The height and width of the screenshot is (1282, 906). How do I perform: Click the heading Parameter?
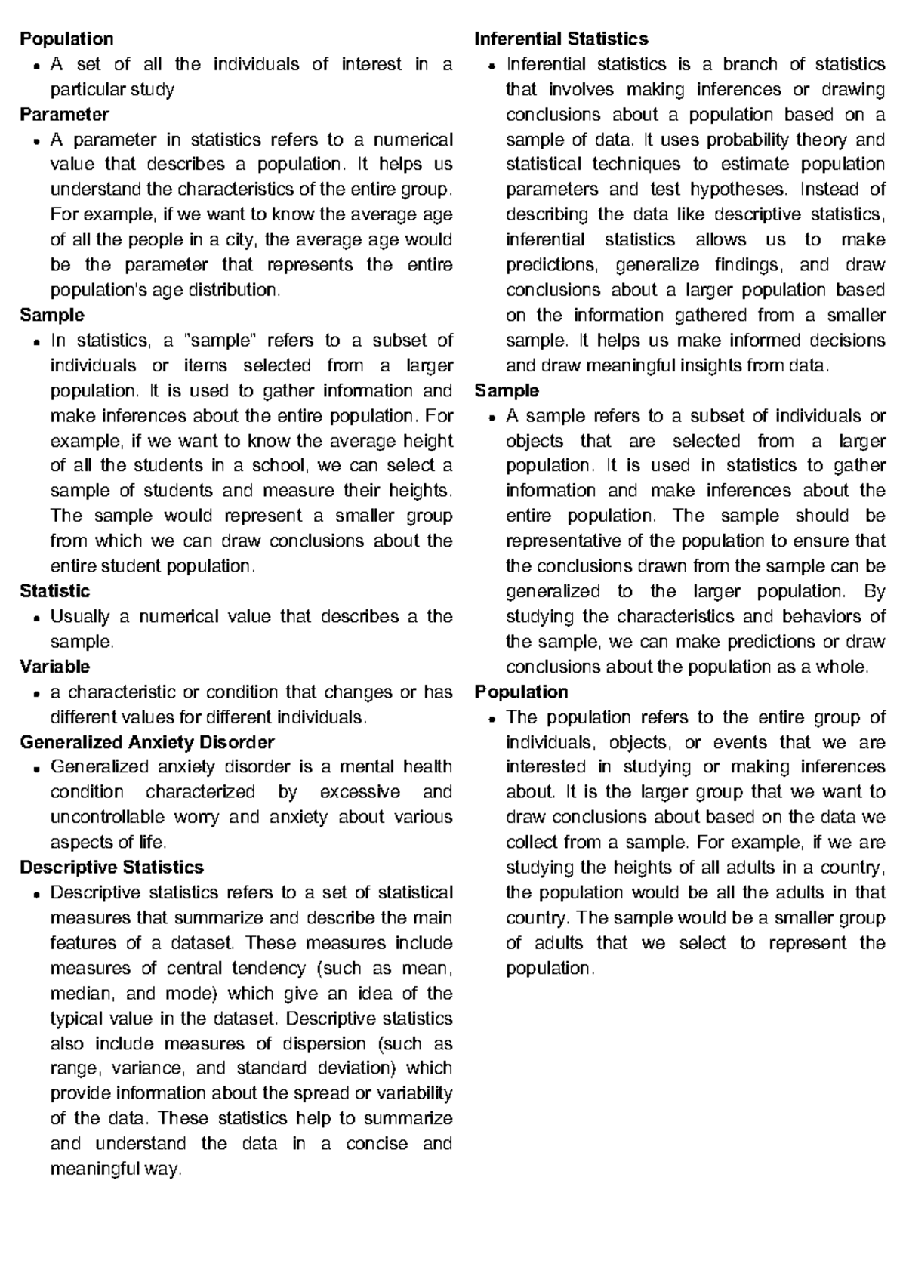tap(64, 115)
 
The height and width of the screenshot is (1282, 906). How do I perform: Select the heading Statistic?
tap(54, 591)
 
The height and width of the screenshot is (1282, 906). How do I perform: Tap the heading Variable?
tap(54, 667)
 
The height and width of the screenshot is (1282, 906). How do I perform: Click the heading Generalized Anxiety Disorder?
tap(146, 742)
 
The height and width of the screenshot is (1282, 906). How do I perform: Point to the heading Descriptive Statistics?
tap(112, 868)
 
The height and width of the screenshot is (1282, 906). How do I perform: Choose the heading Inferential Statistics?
tap(561, 39)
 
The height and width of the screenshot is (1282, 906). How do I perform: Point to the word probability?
tap(747, 140)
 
